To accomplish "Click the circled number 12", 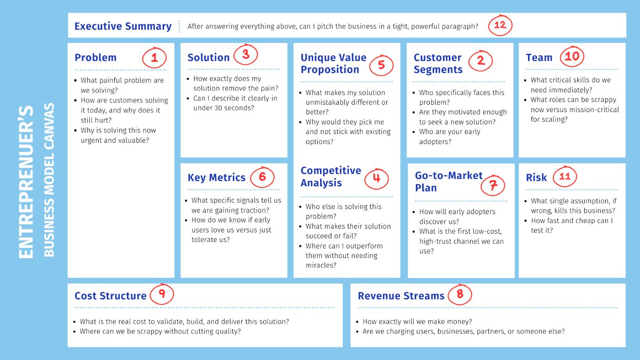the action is pyautogui.click(x=500, y=25).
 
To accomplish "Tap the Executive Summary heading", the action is pyautogui.click(x=123, y=26).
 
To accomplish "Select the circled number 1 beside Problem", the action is pyautogui.click(x=155, y=58).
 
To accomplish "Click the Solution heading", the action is pyautogui.click(x=208, y=58).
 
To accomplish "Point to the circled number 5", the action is pyautogui.click(x=381, y=65).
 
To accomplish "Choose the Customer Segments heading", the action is pyautogui.click(x=438, y=64).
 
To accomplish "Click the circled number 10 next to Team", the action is pyautogui.click(x=572, y=56).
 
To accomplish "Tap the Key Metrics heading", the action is pyautogui.click(x=216, y=177).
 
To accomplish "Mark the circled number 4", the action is pyautogui.click(x=377, y=178).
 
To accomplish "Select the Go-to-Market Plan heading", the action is pyautogui.click(x=448, y=182).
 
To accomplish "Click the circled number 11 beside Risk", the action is pyautogui.click(x=565, y=176).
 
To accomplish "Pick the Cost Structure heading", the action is pyautogui.click(x=110, y=296).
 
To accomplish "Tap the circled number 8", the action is pyautogui.click(x=460, y=294).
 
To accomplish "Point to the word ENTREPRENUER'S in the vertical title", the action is pyautogui.click(x=26, y=182).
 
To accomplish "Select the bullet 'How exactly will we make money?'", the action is pyautogui.click(x=417, y=322).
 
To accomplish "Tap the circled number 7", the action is pyautogui.click(x=493, y=185).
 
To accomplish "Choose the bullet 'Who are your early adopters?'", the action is pyautogui.click(x=449, y=137).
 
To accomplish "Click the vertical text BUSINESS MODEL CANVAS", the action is pyautogui.click(x=49, y=180).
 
